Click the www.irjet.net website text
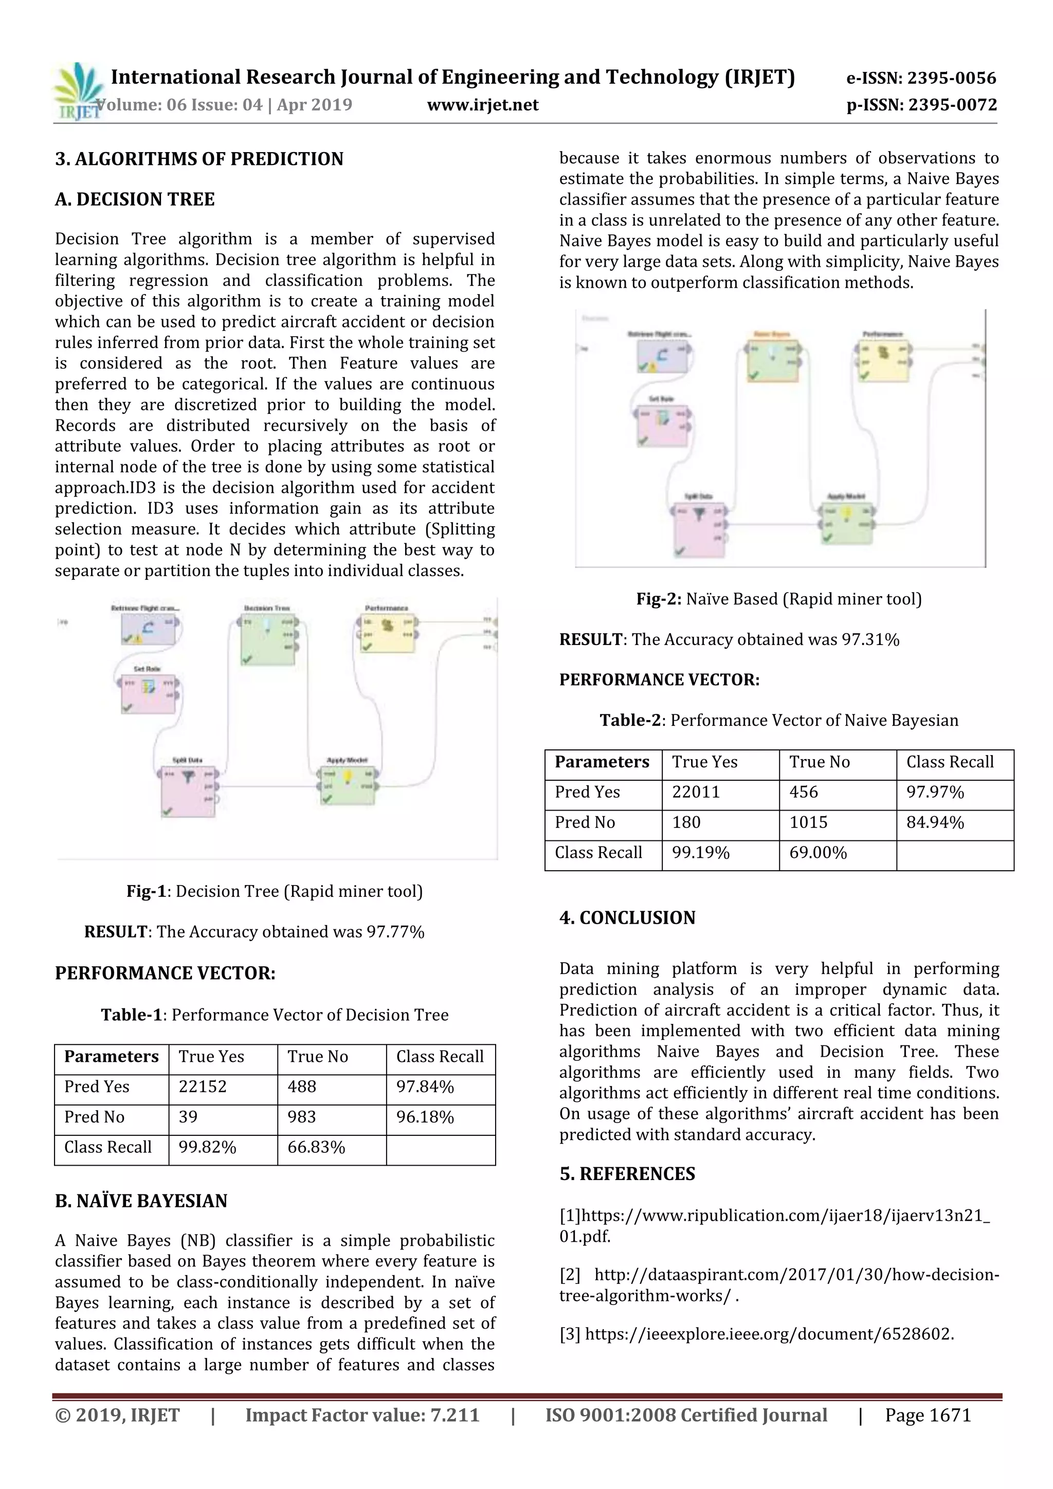tap(483, 105)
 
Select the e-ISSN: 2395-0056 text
tap(921, 79)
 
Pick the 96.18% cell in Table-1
tap(425, 1117)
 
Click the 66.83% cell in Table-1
tap(316, 1147)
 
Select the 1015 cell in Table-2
tap(808, 822)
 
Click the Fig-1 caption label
tap(147, 891)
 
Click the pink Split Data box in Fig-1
tap(188, 793)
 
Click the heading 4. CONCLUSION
tap(627, 917)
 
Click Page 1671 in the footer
tap(928, 1415)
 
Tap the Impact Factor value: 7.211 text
tap(362, 1415)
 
